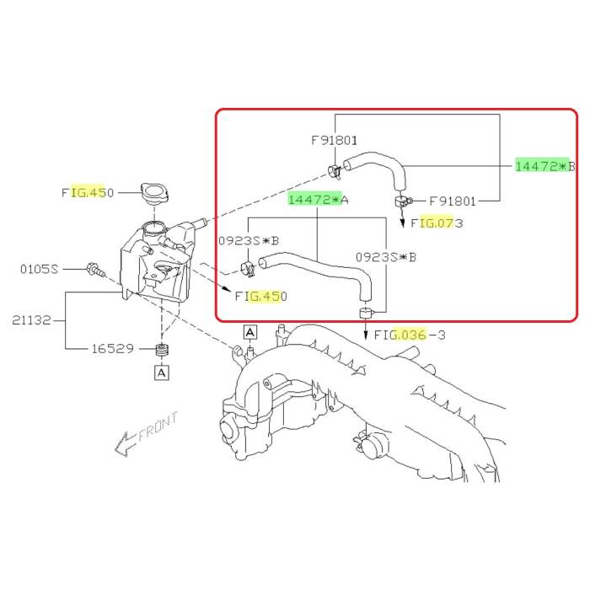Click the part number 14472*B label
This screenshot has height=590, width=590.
click(x=545, y=166)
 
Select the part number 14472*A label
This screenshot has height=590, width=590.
click(x=319, y=199)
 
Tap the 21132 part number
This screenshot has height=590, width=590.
click(x=31, y=320)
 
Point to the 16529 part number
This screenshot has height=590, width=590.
click(x=113, y=348)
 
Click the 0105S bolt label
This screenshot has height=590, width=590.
click(x=40, y=269)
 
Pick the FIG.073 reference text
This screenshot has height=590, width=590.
click(x=437, y=223)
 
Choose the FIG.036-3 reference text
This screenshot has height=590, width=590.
click(x=410, y=335)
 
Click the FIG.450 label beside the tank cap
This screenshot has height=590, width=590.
click(x=88, y=193)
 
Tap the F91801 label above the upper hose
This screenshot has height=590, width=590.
click(x=334, y=141)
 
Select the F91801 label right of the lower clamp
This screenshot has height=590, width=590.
click(x=453, y=201)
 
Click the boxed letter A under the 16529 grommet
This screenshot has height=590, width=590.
click(x=162, y=373)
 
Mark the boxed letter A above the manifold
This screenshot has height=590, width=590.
click(x=250, y=332)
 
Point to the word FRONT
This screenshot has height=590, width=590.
click(x=158, y=426)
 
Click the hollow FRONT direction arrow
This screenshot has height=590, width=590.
click(x=126, y=444)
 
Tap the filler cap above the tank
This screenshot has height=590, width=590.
click(x=154, y=193)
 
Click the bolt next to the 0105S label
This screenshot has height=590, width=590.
click(x=96, y=270)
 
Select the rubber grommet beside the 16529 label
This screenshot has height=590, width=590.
click(x=162, y=350)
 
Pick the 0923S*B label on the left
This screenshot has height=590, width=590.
click(x=249, y=240)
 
